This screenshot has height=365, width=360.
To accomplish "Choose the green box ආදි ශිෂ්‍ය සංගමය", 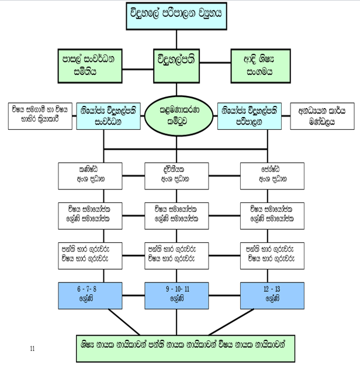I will pyautogui.click(x=259, y=64).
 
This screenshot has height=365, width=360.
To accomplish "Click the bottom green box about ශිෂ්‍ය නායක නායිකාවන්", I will pyautogui.click(x=184, y=345).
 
